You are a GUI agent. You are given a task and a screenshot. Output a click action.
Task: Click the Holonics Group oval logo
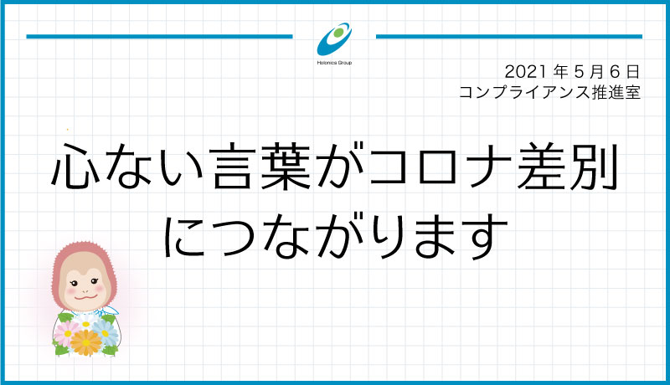(334, 39)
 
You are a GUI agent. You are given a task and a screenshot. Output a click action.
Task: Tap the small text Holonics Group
(334, 63)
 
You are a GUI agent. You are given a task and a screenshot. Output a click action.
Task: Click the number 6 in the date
(615, 72)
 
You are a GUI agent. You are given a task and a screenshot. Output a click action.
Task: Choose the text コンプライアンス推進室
(550, 92)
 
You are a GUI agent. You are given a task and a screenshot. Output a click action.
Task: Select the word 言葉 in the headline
(261, 166)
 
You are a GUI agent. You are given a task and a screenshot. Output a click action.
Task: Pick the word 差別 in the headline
(568, 166)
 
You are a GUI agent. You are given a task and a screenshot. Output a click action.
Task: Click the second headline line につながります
(336, 236)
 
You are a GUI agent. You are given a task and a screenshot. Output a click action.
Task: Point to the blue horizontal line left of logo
(159, 37)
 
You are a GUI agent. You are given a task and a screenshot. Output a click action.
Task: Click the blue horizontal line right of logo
(509, 37)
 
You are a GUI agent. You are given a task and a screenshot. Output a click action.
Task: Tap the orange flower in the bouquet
(86, 342)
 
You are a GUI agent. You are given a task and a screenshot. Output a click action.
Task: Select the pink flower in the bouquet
(67, 333)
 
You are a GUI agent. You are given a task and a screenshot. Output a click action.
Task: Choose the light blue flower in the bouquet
(106, 332)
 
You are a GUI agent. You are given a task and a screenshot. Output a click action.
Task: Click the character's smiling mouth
(86, 295)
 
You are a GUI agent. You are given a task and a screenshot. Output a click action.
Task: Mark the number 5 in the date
(579, 72)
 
